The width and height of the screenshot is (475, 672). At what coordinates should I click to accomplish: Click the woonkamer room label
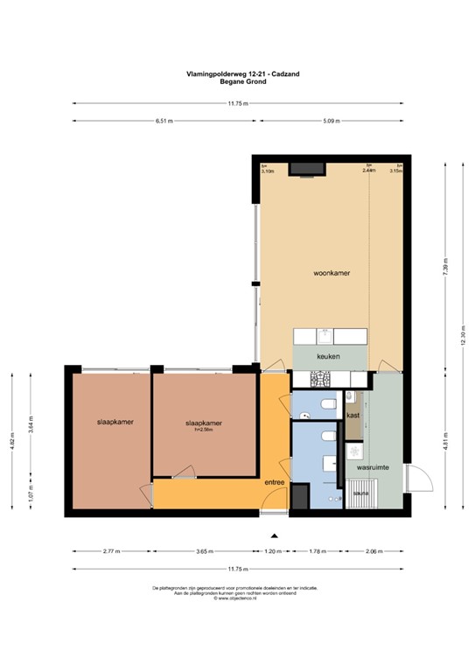[332, 274]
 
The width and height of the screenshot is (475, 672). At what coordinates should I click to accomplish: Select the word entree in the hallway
[276, 482]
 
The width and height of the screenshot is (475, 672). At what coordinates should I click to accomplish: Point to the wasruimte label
[372, 468]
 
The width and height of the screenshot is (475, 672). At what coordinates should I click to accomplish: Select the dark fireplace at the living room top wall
[307, 168]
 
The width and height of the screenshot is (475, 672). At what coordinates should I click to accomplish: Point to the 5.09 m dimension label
[332, 122]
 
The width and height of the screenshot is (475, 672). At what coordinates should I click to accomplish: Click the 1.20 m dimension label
[274, 552]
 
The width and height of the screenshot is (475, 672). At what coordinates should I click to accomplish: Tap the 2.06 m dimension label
[374, 552]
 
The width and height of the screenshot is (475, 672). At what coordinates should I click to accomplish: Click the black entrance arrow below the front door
[274, 535]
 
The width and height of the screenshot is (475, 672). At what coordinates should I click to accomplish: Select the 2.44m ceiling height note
[369, 171]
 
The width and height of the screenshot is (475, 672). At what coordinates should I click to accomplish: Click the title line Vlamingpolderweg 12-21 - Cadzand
[238, 75]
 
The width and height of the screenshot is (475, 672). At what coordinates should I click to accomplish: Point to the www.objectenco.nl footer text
[238, 598]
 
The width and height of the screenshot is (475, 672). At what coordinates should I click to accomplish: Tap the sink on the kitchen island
[324, 336]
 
